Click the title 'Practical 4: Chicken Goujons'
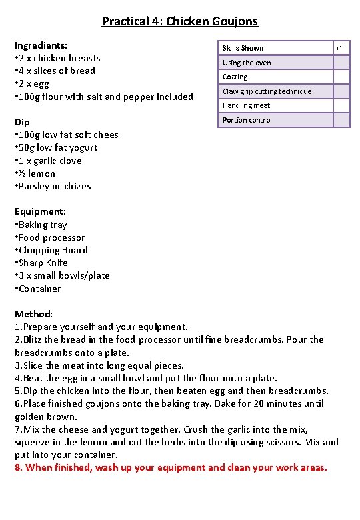point(179,21)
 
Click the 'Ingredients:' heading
point(41,45)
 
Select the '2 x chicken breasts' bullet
point(57,58)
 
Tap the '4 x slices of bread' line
point(55,71)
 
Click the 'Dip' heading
point(22,122)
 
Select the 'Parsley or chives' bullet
point(53,186)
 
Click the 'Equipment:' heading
point(40,211)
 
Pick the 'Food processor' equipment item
point(50,237)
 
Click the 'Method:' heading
point(33,313)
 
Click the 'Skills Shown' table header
point(243,48)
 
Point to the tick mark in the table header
point(341,47)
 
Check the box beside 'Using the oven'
point(341,63)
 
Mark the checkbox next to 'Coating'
point(341,77)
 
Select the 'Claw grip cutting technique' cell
point(267,91)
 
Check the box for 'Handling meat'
point(341,105)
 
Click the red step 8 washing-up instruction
point(171,467)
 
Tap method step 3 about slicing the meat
point(99,365)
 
